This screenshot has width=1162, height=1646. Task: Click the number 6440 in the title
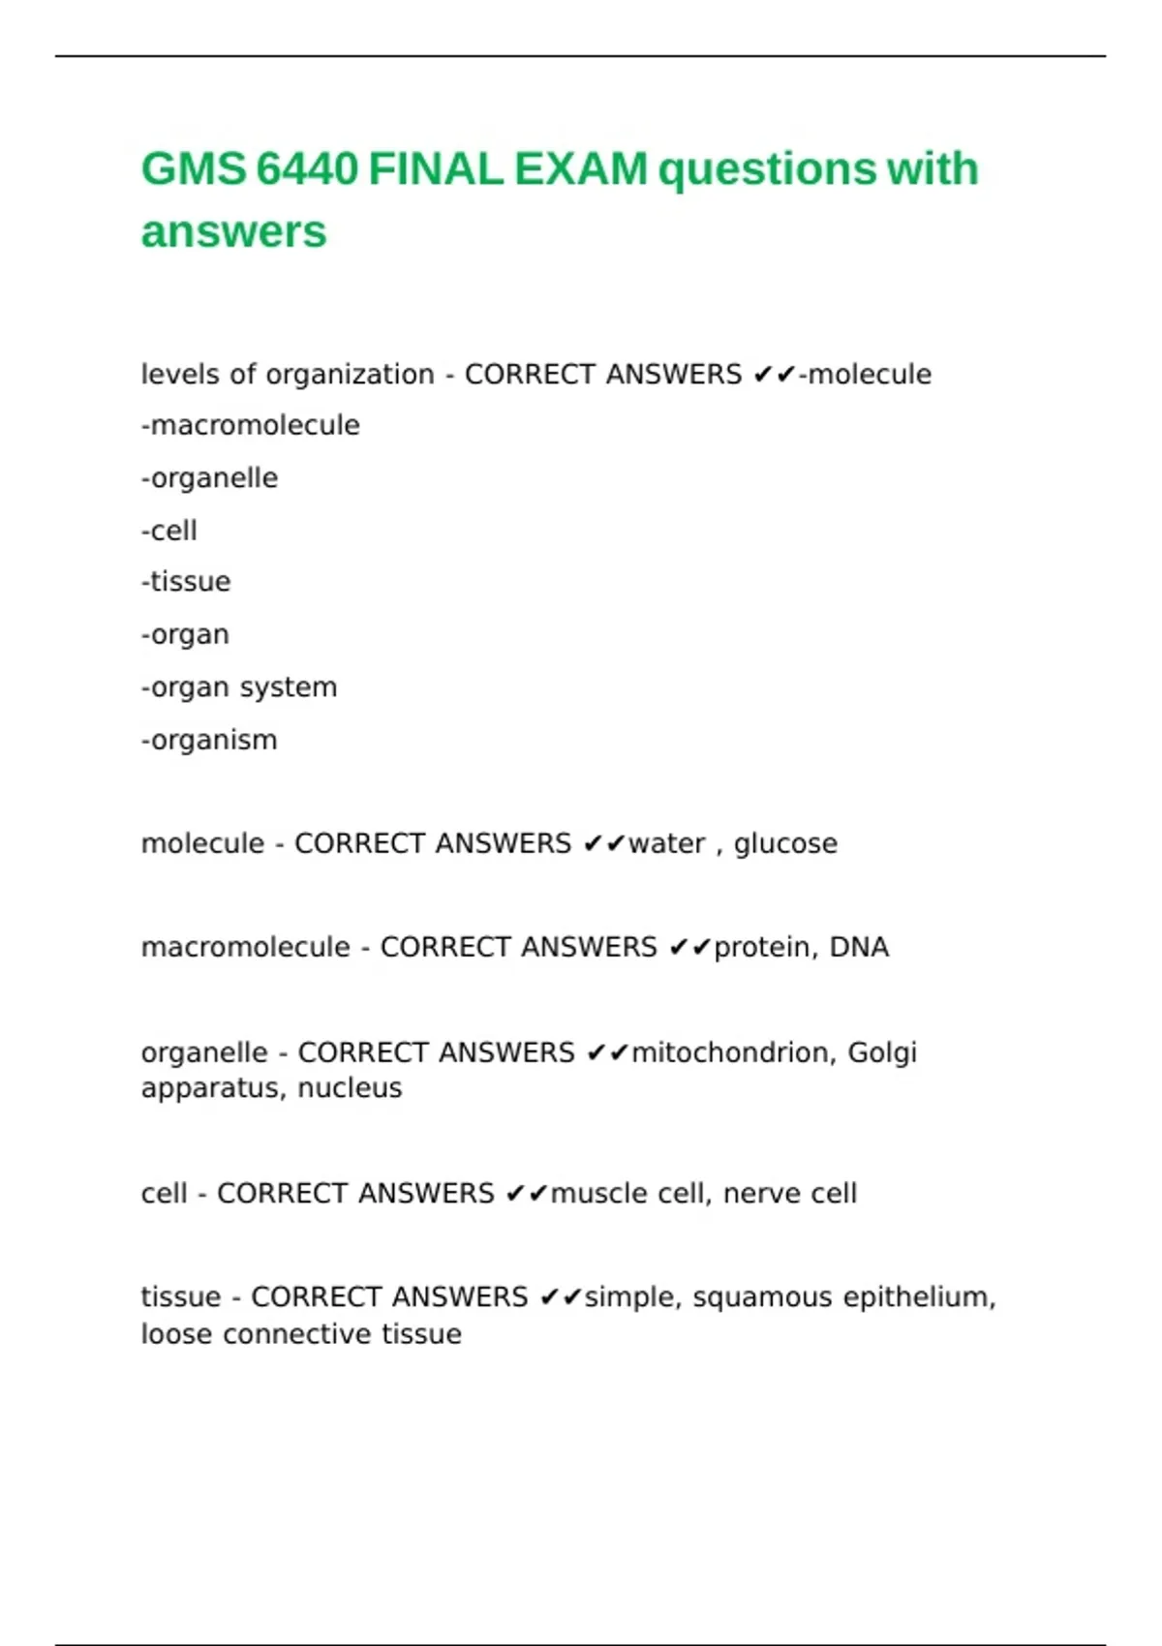click(307, 169)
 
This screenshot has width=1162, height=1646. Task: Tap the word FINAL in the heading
click(435, 169)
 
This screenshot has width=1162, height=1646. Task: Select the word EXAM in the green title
click(580, 169)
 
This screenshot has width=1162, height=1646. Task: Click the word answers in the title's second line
click(233, 232)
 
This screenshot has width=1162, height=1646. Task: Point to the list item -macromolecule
click(251, 425)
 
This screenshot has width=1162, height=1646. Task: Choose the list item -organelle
click(209, 478)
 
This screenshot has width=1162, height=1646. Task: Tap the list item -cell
click(169, 531)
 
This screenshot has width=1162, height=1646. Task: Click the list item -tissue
click(186, 582)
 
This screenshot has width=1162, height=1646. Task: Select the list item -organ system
click(239, 687)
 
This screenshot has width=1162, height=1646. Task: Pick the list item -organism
click(209, 740)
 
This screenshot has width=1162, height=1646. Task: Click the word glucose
click(785, 843)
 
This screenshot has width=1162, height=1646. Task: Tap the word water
click(667, 843)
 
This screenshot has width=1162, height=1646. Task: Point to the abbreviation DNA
click(859, 947)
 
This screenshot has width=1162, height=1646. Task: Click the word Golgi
click(881, 1052)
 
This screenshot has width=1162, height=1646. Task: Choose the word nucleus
click(350, 1088)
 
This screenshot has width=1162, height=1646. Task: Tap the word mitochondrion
click(733, 1052)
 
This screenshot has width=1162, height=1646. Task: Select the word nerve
click(761, 1193)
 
